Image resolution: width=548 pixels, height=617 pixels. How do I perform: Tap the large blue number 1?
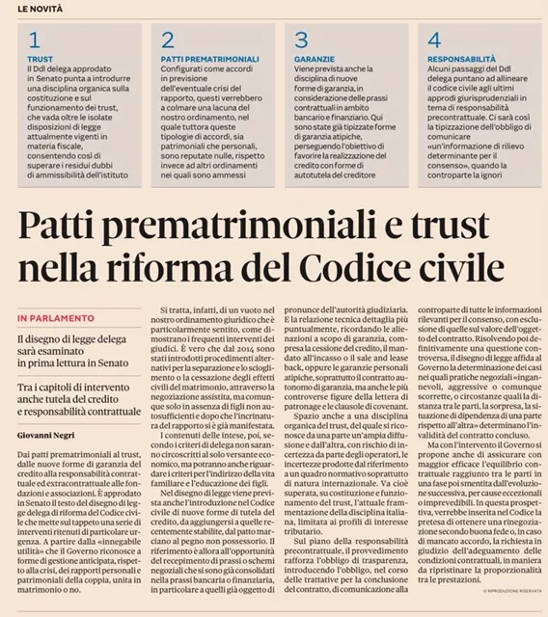pyautogui.click(x=35, y=40)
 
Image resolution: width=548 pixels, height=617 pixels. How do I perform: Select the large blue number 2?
pyautogui.click(x=168, y=40)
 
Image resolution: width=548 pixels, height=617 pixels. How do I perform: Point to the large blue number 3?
pyautogui.click(x=301, y=40)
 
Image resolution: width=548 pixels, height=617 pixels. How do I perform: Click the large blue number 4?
pyautogui.click(x=434, y=40)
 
